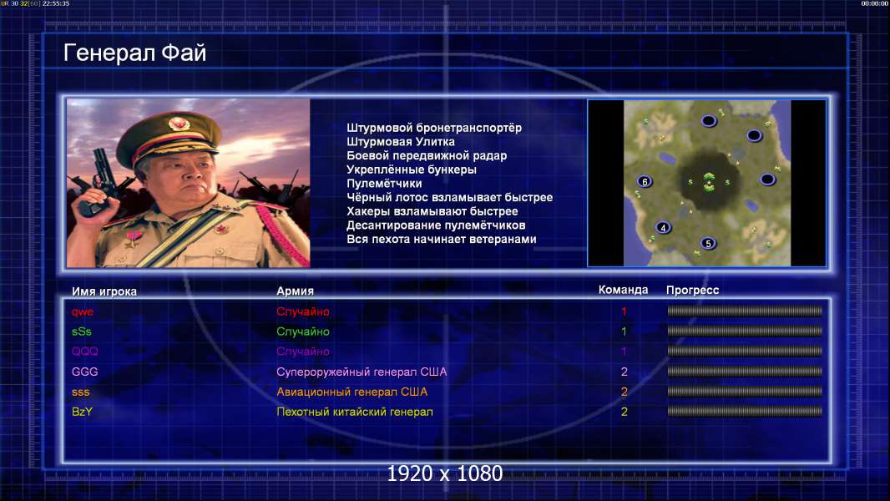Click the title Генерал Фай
tap(134, 53)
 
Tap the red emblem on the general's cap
tap(177, 123)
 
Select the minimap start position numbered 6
tap(645, 181)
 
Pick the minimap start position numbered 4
tap(663, 227)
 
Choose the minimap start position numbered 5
tap(708, 244)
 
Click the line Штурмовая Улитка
tap(401, 142)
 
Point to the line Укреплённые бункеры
tap(412, 170)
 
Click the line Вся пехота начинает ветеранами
tap(442, 239)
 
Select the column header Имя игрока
tap(104, 291)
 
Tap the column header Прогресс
tap(692, 290)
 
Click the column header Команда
tap(623, 290)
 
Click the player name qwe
tap(83, 311)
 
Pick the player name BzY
tap(83, 412)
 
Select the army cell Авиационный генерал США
tap(352, 392)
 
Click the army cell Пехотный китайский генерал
tap(355, 412)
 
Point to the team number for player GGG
tap(625, 372)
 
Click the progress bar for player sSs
tap(745, 331)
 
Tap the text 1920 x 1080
tap(444, 473)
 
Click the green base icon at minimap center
tap(709, 182)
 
